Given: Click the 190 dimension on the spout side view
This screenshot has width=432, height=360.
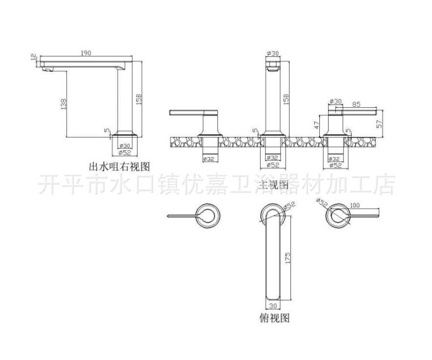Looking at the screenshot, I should click(86, 53).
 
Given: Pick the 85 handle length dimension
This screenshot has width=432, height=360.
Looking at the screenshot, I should click(356, 103).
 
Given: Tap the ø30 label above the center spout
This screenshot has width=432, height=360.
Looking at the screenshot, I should click(272, 53).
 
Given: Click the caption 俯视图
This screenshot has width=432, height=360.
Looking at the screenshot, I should click(274, 318).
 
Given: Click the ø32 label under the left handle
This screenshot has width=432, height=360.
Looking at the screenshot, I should click(209, 158).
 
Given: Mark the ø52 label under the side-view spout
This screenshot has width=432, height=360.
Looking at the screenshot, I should click(124, 153).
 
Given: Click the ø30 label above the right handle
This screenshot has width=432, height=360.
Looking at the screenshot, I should click(335, 101).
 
